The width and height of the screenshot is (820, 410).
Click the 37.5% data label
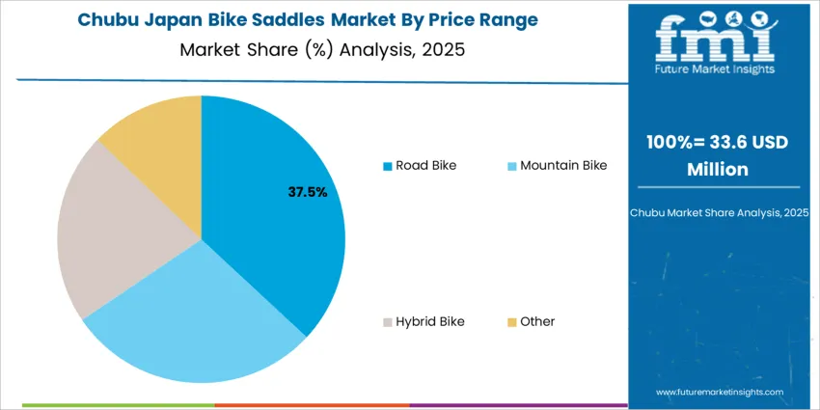(308, 192)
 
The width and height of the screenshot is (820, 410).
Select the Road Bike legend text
(425, 165)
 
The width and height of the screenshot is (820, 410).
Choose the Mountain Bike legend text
(563, 165)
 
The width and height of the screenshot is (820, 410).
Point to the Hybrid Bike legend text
(429, 321)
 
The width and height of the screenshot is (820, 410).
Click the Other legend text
(537, 321)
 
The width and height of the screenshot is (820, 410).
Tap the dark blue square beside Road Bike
(387, 166)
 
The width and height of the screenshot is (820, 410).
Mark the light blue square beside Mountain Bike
(511, 166)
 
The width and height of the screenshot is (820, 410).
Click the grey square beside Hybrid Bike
(387, 322)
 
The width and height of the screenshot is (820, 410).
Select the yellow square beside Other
(511, 322)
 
